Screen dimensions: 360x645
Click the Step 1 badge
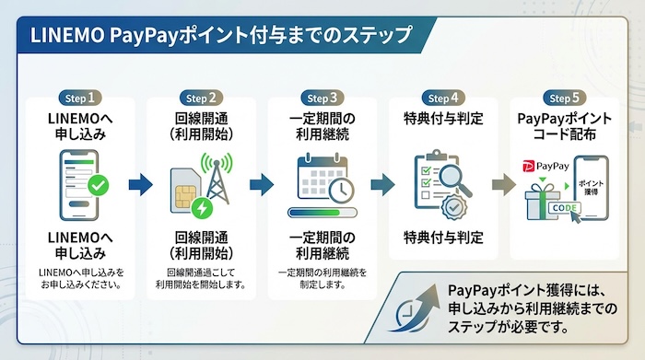click(81, 98)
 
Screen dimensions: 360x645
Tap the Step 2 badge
click(202, 98)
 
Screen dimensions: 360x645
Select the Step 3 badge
click(323, 98)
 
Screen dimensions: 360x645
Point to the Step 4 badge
click(444, 98)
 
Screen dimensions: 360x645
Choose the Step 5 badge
click(564, 98)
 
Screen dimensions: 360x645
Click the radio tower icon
click(217, 180)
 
